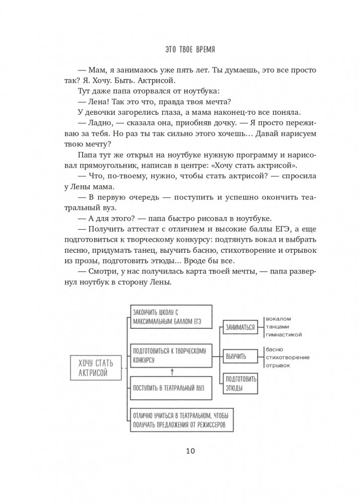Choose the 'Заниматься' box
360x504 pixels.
(239, 326)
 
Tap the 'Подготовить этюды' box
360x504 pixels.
(239, 385)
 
